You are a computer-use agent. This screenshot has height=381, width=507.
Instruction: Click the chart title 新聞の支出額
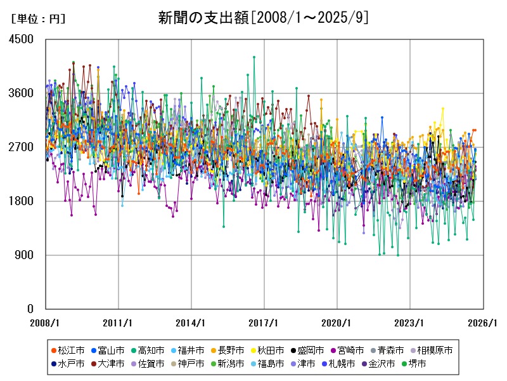click(263, 18)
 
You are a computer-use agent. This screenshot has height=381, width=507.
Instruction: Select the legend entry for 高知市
click(151, 350)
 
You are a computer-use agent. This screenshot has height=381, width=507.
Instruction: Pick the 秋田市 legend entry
click(273, 350)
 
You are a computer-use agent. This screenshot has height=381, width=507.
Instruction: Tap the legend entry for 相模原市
click(437, 350)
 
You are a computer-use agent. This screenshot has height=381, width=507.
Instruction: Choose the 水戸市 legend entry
click(70, 364)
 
